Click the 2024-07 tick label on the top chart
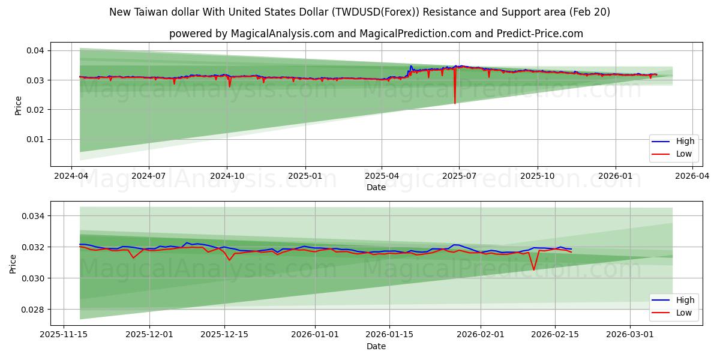pyautogui.click(x=148, y=176)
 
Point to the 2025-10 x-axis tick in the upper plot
pyautogui.click(x=537, y=176)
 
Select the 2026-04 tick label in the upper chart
pyautogui.click(x=692, y=176)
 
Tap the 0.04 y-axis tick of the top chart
pyautogui.click(x=35, y=50)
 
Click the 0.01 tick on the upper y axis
pyautogui.click(x=35, y=139)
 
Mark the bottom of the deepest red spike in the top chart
pyautogui.click(x=455, y=103)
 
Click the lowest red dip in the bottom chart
pyautogui.click(x=534, y=269)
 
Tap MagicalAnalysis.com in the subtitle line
pyautogui.click(x=282, y=34)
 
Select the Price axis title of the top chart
pyautogui.click(x=19, y=106)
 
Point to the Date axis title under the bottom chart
pyautogui.click(x=376, y=347)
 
